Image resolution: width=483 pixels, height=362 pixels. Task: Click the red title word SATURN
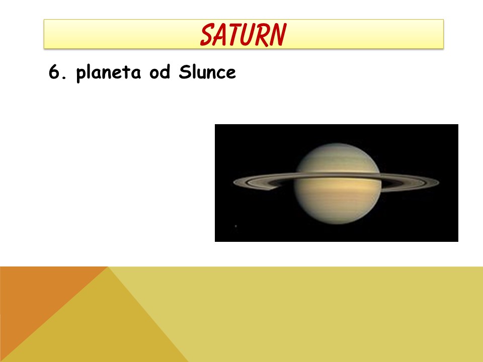[244, 35]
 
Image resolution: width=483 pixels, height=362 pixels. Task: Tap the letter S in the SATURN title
[207, 35]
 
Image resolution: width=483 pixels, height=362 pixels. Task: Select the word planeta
[109, 73]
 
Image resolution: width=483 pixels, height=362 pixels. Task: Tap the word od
[159, 72]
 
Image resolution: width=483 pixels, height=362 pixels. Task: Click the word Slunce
[207, 72]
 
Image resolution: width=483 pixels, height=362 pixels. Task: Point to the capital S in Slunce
[184, 72]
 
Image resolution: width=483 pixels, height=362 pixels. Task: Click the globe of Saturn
[338, 184]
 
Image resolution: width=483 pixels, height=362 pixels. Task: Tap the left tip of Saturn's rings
[233, 182]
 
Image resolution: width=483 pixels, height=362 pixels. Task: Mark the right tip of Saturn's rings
[439, 182]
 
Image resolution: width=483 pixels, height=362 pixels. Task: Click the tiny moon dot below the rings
[236, 226]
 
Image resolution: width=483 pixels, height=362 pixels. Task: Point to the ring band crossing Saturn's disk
[338, 175]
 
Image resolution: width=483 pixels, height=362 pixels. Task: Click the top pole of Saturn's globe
[338, 143]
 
